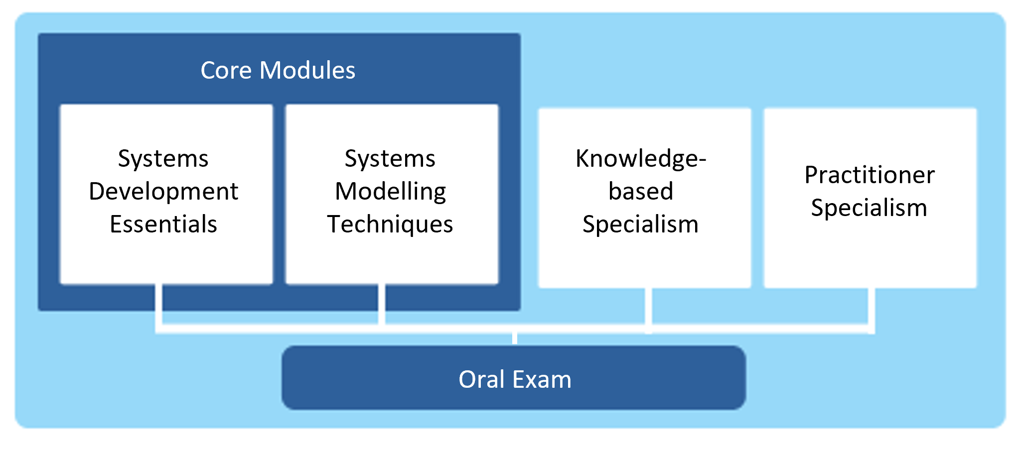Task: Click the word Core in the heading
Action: pyautogui.click(x=226, y=70)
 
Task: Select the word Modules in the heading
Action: pyautogui.click(x=307, y=70)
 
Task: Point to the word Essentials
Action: pyautogui.click(x=163, y=224)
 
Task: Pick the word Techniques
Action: pyautogui.click(x=390, y=224)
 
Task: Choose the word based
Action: pyautogui.click(x=641, y=192)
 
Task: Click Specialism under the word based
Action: pyautogui.click(x=641, y=224)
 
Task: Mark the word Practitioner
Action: pyautogui.click(x=870, y=175)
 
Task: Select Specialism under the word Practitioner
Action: pyautogui.click(x=870, y=208)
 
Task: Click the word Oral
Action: pyautogui.click(x=482, y=380)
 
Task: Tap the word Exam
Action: pyautogui.click(x=542, y=380)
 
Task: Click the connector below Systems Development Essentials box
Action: pyautogui.click(x=159, y=306)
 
